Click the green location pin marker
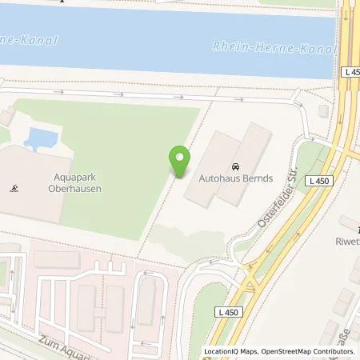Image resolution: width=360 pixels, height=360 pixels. pos(180,162)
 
